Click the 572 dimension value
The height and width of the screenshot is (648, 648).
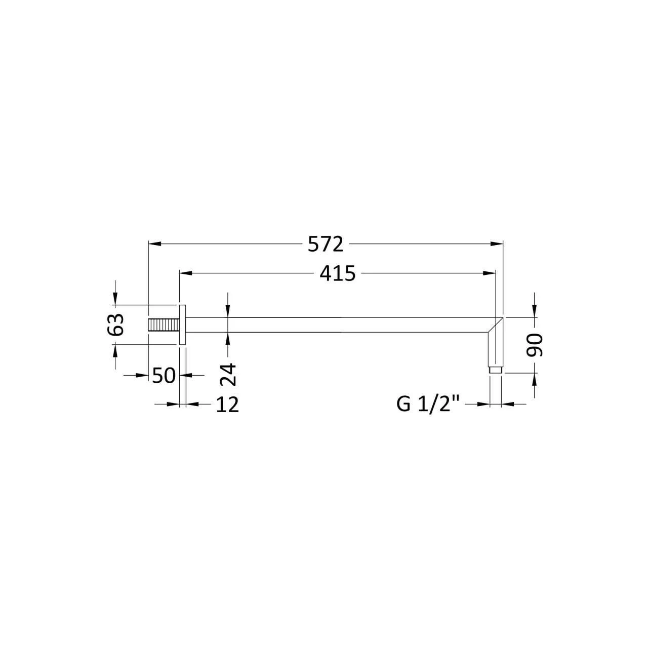click(x=326, y=245)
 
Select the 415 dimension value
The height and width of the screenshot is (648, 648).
click(x=338, y=274)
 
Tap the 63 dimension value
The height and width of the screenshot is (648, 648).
click(x=116, y=325)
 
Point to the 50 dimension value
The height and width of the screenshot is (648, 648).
click(x=164, y=376)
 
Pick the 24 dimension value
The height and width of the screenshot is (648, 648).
click(x=228, y=374)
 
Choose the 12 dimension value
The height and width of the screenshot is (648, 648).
click(x=227, y=404)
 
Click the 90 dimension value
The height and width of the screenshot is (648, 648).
click(x=535, y=345)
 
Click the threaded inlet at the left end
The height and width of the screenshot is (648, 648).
click(x=163, y=325)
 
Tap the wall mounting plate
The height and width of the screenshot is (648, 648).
click(x=183, y=325)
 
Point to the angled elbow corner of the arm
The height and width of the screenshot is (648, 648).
click(x=496, y=325)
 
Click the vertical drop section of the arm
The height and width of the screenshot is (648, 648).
click(x=496, y=349)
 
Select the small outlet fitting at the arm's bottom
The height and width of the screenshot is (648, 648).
click(x=496, y=371)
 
